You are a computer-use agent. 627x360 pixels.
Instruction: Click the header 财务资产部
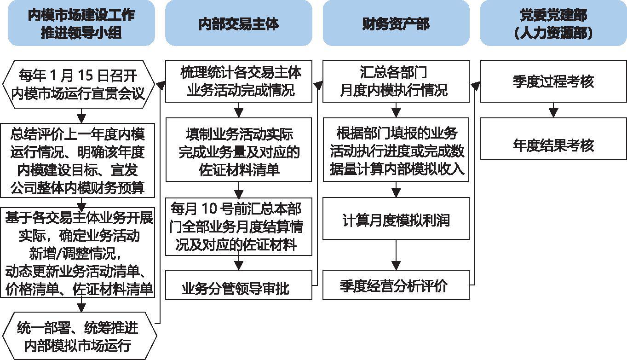(x=396, y=23)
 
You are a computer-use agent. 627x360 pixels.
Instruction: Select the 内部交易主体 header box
(x=239, y=23)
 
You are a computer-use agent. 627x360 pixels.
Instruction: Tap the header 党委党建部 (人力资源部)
(x=553, y=23)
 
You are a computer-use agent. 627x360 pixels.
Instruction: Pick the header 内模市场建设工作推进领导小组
(x=81, y=23)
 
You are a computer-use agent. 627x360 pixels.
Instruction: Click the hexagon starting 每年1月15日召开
(x=78, y=84)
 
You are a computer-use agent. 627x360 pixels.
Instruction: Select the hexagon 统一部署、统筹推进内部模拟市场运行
(x=80, y=336)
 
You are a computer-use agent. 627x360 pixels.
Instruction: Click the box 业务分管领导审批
(x=238, y=285)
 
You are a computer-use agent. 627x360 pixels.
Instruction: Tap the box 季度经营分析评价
(x=396, y=285)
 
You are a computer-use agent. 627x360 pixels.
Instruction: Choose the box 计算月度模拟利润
(x=396, y=219)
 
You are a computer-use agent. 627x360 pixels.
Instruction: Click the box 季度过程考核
(x=553, y=81)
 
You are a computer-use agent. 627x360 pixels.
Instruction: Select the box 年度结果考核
(x=553, y=139)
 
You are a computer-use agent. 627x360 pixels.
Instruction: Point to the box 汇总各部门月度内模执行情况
(x=396, y=81)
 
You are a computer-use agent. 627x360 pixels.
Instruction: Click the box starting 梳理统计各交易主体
(x=238, y=81)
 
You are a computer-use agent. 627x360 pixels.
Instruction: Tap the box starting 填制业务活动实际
(x=238, y=150)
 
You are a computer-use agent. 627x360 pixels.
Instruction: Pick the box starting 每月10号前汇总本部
(x=238, y=226)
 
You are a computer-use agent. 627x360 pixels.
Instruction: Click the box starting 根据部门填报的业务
(x=396, y=150)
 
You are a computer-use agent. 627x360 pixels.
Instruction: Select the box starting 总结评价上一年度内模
(x=78, y=160)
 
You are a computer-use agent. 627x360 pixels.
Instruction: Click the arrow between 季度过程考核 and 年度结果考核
(x=553, y=110)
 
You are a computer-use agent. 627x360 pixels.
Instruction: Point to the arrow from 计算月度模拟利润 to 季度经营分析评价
(x=396, y=255)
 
